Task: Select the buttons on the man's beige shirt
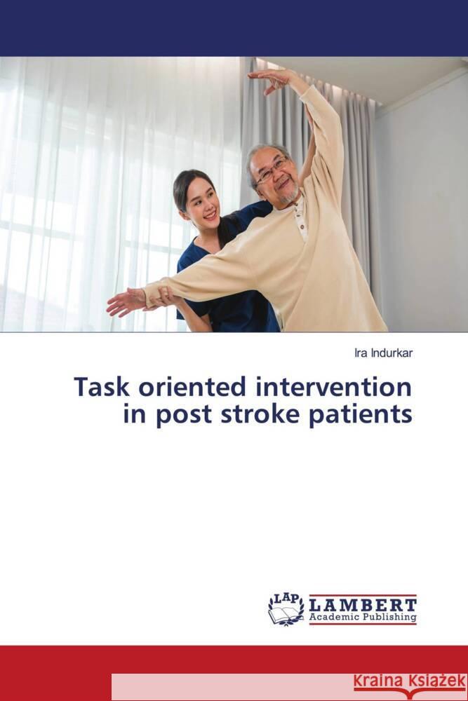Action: click(x=300, y=218)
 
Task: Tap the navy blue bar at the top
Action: click(x=234, y=28)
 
